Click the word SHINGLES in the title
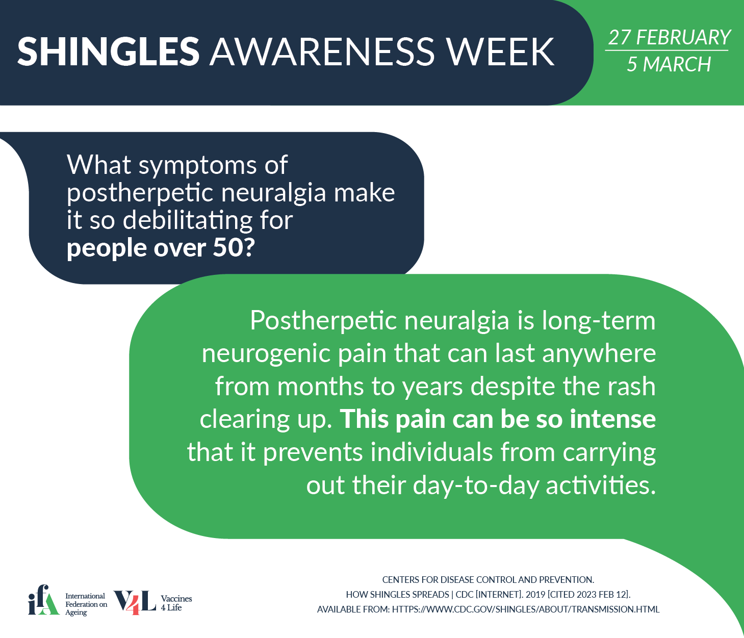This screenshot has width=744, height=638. [x=108, y=51]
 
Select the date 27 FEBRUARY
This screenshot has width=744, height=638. [x=669, y=37]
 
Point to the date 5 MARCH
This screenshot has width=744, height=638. [x=669, y=64]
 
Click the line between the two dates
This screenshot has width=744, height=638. [x=666, y=50]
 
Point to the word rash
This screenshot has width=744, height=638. [x=632, y=386]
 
